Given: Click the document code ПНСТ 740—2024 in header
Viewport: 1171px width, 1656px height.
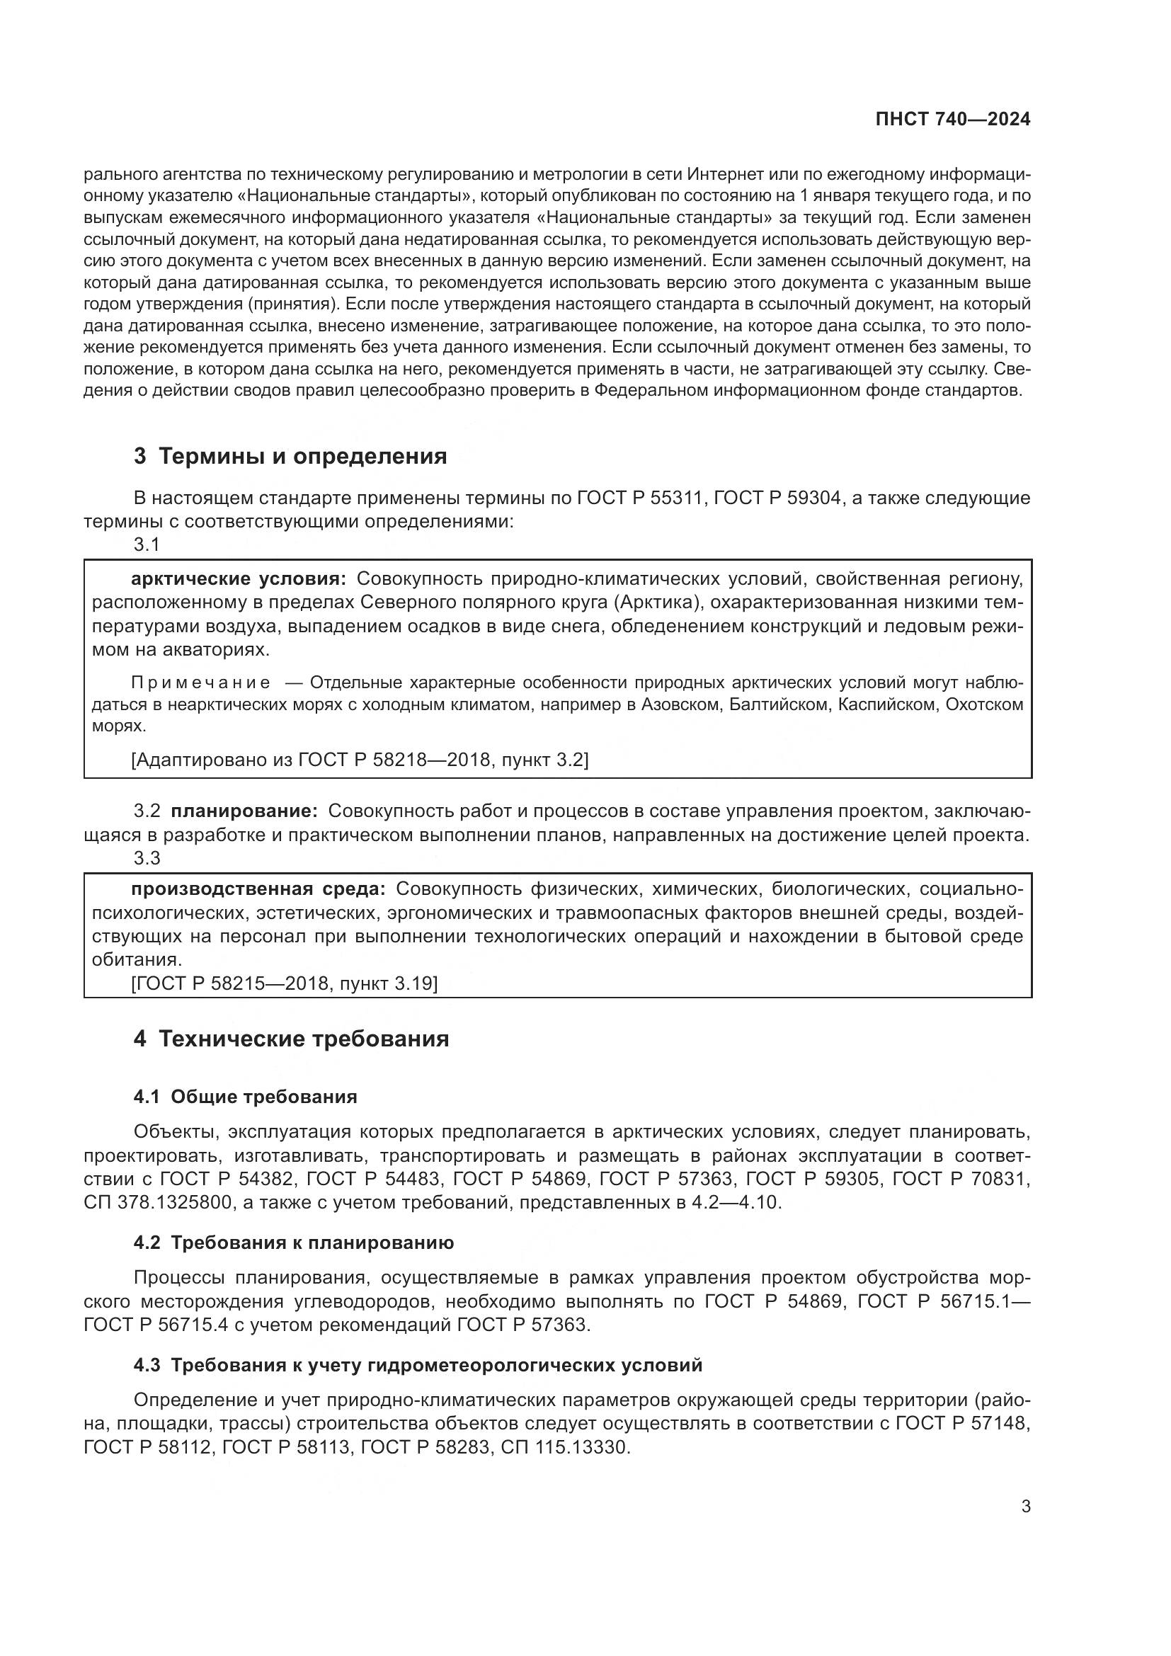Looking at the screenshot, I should tap(952, 120).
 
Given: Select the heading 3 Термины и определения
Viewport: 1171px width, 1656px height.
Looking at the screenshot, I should tap(290, 457).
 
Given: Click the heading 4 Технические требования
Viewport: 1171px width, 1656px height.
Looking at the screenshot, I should tap(291, 1039).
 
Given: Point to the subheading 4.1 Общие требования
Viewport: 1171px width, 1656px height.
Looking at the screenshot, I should tap(245, 1097).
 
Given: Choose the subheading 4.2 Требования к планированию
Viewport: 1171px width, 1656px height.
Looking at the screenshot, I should tap(294, 1243).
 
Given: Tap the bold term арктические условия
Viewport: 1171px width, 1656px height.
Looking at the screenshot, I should tap(238, 579).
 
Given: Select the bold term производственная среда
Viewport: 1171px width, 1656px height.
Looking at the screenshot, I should tap(258, 889).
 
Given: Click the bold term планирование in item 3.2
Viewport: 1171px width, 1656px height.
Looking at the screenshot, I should tap(244, 811).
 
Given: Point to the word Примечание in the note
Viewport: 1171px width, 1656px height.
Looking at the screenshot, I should tap(200, 683).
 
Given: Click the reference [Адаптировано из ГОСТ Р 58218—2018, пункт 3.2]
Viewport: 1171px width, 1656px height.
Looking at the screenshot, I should tap(359, 760).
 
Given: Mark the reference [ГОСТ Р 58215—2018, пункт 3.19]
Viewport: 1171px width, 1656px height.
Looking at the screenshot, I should tap(284, 984).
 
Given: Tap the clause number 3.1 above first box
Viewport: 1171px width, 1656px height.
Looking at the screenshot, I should tap(147, 544).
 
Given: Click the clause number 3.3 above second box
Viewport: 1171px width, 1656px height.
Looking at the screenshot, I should tap(147, 858).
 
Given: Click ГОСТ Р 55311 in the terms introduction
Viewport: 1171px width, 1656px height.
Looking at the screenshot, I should tap(640, 498).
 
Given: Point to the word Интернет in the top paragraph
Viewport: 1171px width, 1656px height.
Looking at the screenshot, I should tap(726, 175).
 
